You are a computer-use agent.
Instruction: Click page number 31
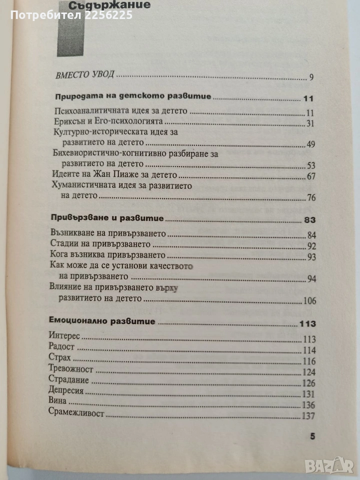click(309, 123)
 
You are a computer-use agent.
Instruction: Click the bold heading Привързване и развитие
click(108, 219)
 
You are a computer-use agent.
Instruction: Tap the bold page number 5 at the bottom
click(312, 436)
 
